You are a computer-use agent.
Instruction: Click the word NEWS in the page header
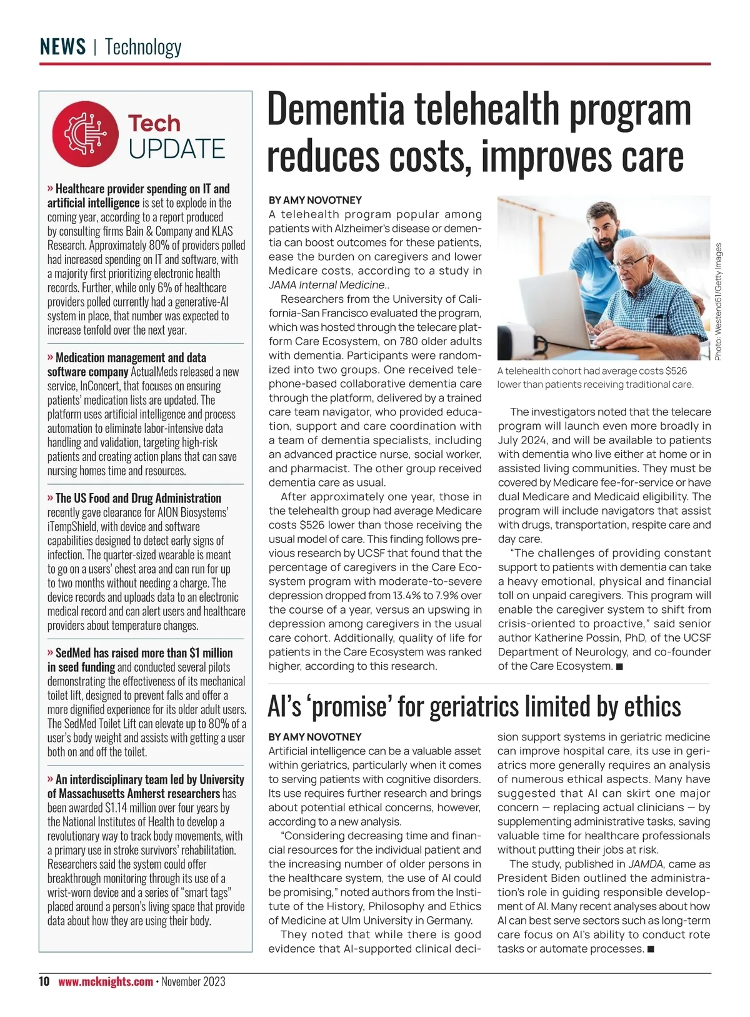click(x=62, y=47)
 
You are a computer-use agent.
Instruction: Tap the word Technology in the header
click(x=143, y=47)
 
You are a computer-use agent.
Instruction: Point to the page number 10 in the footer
click(x=44, y=981)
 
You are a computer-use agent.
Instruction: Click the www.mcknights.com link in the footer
click(x=106, y=981)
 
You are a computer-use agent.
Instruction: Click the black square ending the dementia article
click(x=619, y=667)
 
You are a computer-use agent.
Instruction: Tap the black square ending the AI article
click(x=651, y=949)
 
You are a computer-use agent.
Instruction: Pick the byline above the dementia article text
click(x=315, y=200)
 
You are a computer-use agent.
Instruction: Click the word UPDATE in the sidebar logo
click(x=177, y=149)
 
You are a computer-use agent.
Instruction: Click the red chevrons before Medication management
click(x=50, y=357)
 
